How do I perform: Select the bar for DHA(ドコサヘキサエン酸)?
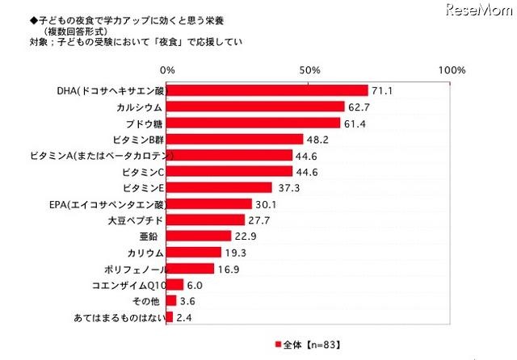point(267,90)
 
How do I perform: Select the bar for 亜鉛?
point(198,236)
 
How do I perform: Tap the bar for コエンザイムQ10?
point(174,285)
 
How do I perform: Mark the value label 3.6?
point(188,301)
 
